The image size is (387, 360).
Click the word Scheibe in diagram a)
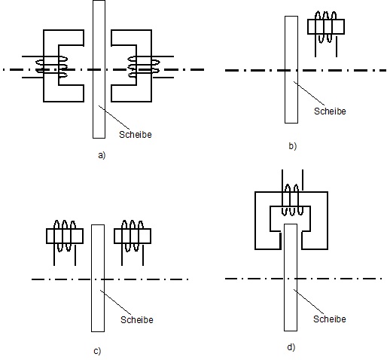point(136,135)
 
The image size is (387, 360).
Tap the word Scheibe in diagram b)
point(330,111)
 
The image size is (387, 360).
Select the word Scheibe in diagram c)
point(137,320)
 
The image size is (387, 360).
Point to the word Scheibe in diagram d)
point(330,319)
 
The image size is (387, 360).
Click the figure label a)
point(102,155)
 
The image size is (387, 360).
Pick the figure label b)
point(293,146)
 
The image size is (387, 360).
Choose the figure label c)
point(97,351)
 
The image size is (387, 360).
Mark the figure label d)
point(291,347)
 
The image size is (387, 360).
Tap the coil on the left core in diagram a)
point(52,67)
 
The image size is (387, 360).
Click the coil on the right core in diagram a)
point(144,67)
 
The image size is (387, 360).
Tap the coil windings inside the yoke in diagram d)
point(292,200)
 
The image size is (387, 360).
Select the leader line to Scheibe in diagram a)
point(114,118)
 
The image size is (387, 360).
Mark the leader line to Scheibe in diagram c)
point(116,302)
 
